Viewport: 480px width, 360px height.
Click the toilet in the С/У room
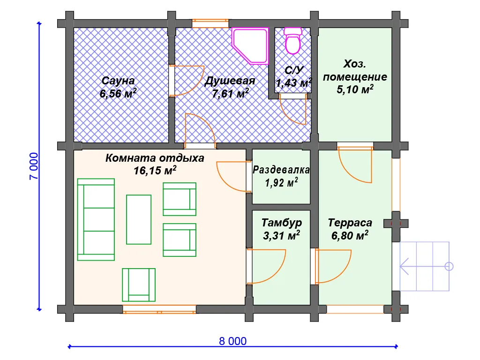tap(293, 41)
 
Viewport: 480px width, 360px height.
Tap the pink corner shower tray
tap(250, 46)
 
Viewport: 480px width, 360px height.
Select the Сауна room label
tap(118, 81)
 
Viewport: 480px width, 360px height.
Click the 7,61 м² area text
tap(230, 93)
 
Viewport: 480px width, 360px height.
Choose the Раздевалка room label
tap(281, 170)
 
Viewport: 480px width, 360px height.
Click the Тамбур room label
tap(282, 223)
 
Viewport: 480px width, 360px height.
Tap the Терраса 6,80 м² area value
tap(350, 235)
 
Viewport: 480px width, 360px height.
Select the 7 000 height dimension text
tap(34, 166)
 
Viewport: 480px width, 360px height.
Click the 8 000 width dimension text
tap(232, 341)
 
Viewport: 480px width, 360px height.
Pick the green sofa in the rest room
tap(96, 219)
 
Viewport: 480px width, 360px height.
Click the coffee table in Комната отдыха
tap(139, 219)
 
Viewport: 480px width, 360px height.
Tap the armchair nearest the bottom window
tap(139, 285)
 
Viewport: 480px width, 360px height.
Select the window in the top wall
tap(210, 23)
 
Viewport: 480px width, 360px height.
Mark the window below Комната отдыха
tap(159, 309)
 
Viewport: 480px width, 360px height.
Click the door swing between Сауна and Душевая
tap(186, 80)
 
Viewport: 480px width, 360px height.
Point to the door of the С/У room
tap(293, 109)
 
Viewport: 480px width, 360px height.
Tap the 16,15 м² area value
tap(155, 171)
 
